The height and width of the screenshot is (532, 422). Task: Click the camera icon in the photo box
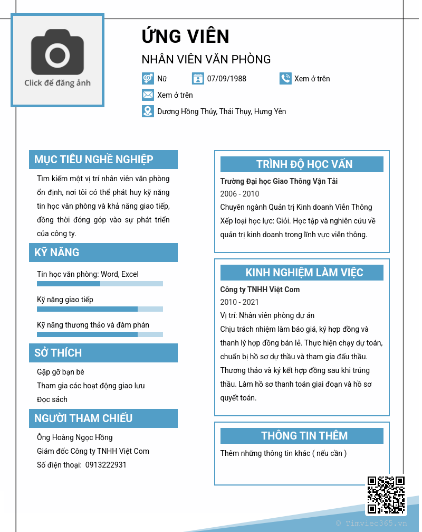click(x=57, y=54)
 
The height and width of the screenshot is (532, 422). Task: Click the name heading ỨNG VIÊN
click(x=185, y=36)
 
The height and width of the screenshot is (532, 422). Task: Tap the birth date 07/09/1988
click(x=226, y=79)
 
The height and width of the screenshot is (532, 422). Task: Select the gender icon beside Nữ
click(x=148, y=79)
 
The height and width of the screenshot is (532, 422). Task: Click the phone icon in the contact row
click(x=285, y=79)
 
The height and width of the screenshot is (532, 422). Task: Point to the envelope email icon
click(x=148, y=95)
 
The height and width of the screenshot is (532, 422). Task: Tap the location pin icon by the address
click(x=148, y=111)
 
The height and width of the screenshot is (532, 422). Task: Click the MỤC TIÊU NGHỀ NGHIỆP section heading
click(x=94, y=160)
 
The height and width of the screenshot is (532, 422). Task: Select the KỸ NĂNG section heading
click(x=57, y=253)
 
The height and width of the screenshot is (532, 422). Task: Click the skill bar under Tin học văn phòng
click(x=100, y=284)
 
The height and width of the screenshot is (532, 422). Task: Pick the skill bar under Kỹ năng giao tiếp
click(x=100, y=309)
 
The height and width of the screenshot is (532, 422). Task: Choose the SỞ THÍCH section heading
click(x=58, y=353)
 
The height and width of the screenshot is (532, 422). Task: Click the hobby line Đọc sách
click(x=52, y=399)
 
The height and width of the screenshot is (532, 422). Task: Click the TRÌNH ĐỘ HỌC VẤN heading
click(x=304, y=164)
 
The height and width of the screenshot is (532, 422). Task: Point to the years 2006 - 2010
click(x=239, y=194)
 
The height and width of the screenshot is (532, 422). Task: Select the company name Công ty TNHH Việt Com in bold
click(x=260, y=290)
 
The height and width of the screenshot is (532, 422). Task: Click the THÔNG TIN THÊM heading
click(x=304, y=436)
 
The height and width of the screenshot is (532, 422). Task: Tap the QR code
click(x=386, y=495)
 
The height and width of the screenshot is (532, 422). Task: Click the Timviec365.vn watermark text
click(x=371, y=524)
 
